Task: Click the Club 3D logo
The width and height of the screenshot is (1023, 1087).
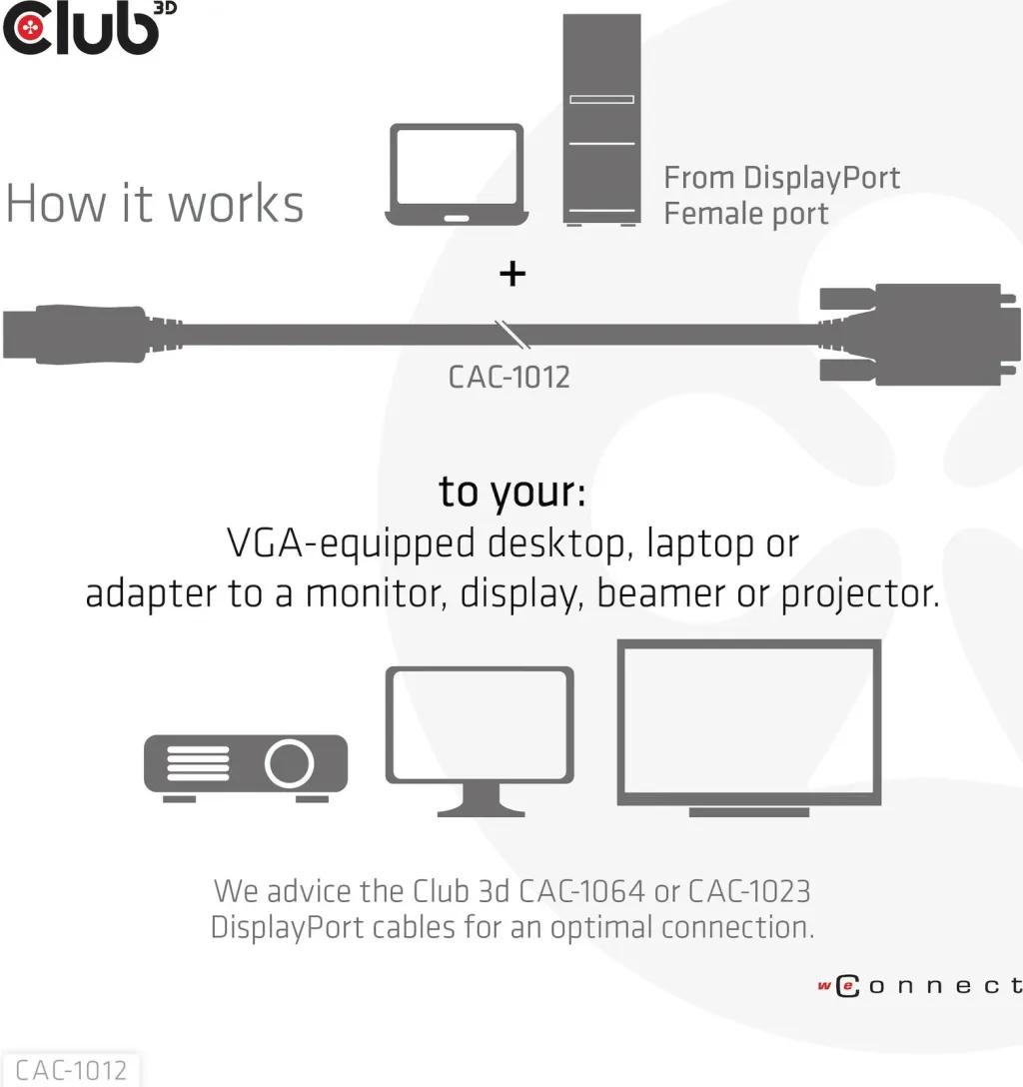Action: click(89, 28)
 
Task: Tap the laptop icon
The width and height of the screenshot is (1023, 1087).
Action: click(457, 175)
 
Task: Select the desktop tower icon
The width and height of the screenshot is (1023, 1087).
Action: click(601, 120)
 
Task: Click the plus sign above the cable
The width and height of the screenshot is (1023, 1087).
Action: click(512, 274)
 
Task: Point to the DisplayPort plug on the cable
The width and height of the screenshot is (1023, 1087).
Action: click(90, 334)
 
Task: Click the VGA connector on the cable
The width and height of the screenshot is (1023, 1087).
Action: click(918, 334)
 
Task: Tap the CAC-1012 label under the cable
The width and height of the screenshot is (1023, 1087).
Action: click(510, 378)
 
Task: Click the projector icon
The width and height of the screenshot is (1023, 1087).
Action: click(246, 768)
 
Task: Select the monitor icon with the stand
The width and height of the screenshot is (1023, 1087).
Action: click(480, 741)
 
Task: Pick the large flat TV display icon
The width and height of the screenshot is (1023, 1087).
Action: click(749, 728)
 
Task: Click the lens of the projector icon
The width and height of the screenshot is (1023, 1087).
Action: click(289, 763)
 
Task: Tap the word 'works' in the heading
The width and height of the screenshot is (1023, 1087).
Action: click(237, 204)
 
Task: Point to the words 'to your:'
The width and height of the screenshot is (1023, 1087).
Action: click(512, 494)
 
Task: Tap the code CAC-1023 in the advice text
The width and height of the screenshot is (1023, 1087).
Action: click(749, 891)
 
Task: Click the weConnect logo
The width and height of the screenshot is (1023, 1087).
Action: click(920, 986)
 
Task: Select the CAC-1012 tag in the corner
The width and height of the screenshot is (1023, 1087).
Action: click(71, 1070)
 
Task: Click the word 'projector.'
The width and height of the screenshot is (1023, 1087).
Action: click(860, 594)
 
